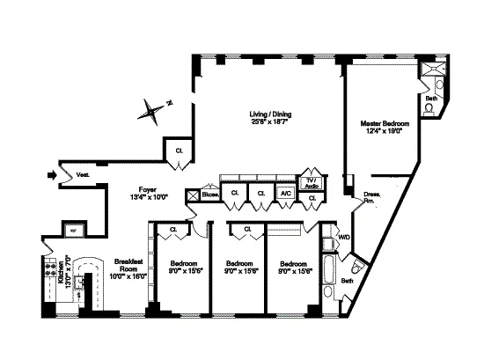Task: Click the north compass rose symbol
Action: (x=154, y=111)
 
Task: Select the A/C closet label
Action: (x=286, y=193)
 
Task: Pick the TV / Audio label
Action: (x=312, y=183)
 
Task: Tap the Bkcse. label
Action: (x=209, y=194)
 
